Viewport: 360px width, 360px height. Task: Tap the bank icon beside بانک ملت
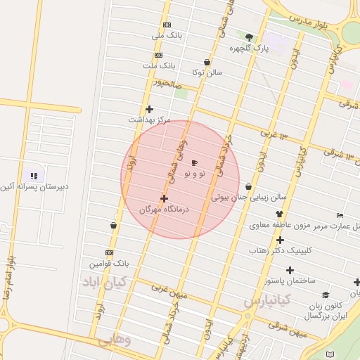click(158, 54)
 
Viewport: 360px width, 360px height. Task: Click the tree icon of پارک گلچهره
click(249, 37)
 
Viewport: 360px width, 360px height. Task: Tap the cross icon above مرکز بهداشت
click(149, 108)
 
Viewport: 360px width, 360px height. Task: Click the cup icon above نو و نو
click(194, 162)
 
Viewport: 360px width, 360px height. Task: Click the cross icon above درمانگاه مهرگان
click(164, 198)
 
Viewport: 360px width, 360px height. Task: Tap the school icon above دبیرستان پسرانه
click(33, 175)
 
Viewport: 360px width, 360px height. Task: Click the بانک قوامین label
click(110, 264)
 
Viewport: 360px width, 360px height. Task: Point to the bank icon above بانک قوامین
click(109, 252)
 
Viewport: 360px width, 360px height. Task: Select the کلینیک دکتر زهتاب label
click(280, 250)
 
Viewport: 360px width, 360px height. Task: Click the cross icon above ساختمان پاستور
click(290, 270)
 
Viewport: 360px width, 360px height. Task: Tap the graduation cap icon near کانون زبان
click(326, 295)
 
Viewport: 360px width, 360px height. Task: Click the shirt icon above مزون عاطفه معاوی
click(279, 214)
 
